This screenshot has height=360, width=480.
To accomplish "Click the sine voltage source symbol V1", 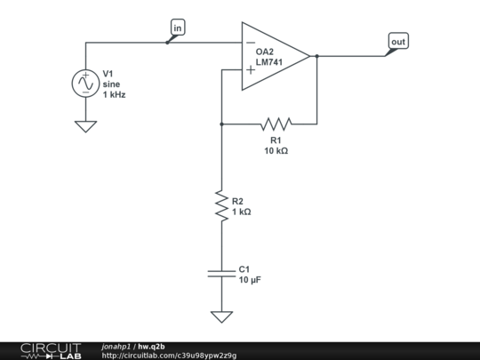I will (x=86, y=84).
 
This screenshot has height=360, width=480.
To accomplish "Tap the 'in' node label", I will (x=178, y=28).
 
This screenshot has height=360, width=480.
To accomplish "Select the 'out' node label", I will (x=398, y=42).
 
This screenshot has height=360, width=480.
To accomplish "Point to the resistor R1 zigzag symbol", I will (x=276, y=124).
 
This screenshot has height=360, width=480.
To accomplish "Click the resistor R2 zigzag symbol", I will (x=221, y=205).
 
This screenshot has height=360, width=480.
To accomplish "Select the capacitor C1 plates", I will (x=221, y=273).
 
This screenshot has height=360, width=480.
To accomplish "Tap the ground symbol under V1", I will (x=86, y=126).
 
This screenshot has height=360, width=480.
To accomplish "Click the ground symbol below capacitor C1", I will (x=221, y=316).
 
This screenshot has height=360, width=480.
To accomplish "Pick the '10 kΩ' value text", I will (x=276, y=151).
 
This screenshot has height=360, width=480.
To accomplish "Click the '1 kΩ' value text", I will (x=242, y=212).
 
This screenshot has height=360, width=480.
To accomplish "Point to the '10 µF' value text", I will (x=250, y=280).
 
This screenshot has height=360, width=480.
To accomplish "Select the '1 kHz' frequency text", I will (x=114, y=94).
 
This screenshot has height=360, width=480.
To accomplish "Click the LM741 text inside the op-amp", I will (x=269, y=62).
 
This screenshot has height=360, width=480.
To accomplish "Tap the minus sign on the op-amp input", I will (x=250, y=42).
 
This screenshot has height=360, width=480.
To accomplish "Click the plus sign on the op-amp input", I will (x=250, y=69).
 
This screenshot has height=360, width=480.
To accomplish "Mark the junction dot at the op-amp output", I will (x=316, y=56).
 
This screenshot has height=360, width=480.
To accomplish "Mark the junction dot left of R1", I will (x=221, y=124).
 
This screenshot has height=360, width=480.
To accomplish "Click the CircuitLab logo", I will (x=50, y=350).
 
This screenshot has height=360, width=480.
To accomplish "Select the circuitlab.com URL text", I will (x=169, y=356).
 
